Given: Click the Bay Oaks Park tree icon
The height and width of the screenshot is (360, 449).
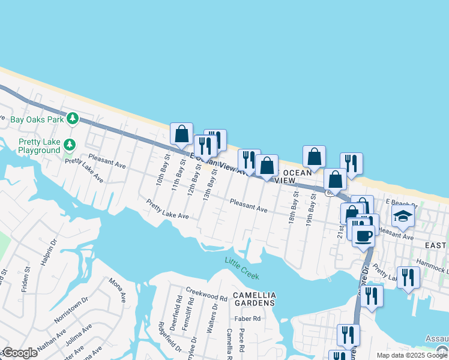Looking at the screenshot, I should click(73, 119).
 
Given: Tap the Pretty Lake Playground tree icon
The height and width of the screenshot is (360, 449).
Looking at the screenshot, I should click(70, 145).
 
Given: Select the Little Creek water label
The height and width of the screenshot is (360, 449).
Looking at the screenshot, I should click(242, 268).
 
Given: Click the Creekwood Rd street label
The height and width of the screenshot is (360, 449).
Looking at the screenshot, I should click(206, 298).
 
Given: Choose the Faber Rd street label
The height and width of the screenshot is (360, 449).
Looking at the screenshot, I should click(248, 319).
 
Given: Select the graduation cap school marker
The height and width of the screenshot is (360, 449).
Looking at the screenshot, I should click(403, 215).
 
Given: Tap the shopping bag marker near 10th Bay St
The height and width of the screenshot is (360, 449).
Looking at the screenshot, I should click(181, 134).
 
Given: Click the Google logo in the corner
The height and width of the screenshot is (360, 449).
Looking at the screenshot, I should click(19, 353).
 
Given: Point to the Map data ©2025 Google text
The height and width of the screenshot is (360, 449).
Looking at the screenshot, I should click(412, 355).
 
